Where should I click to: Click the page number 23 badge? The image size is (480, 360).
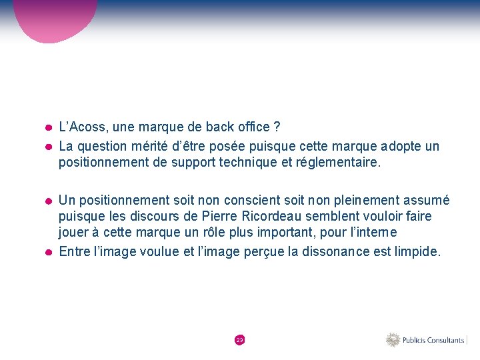240,340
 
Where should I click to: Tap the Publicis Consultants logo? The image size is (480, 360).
426,340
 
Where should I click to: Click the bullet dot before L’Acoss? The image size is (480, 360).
49,127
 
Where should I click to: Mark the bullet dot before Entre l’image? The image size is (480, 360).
49,252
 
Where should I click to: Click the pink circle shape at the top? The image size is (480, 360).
57,17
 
